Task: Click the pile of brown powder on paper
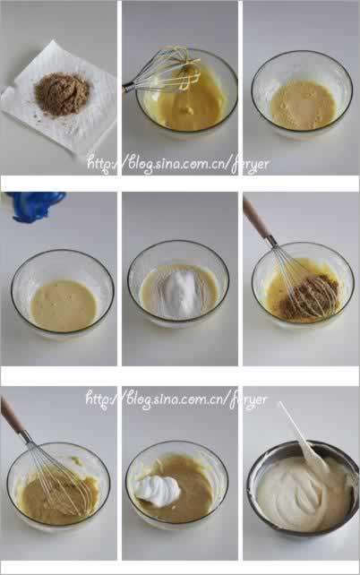coord(62,94)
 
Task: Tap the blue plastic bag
coord(36,205)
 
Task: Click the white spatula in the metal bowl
coord(305,438)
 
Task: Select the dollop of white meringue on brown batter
coord(157,491)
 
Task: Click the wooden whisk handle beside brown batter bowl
coord(12,416)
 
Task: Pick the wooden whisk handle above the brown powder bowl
coord(256,218)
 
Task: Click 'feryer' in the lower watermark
coord(248,399)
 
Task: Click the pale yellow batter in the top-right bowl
coord(303,106)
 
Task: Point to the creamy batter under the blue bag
coord(63,305)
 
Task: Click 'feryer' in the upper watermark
coord(250,165)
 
